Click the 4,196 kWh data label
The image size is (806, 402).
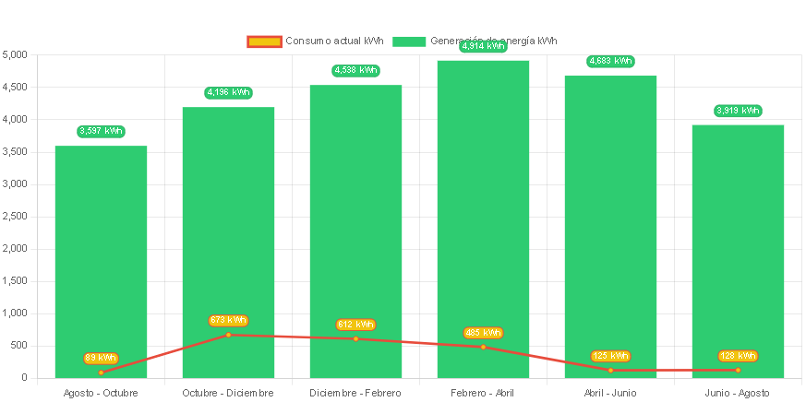click(228, 92)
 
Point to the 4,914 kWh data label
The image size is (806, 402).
click(483, 46)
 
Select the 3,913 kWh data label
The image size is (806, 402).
click(738, 111)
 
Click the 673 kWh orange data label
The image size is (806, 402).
click(228, 320)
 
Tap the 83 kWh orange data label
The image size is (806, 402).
click(101, 358)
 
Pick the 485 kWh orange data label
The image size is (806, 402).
click(483, 333)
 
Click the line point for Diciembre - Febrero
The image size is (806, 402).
click(355, 338)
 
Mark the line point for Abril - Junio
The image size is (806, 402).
click(610, 370)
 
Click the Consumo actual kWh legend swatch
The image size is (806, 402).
click(263, 41)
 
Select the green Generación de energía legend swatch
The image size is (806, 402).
click(409, 41)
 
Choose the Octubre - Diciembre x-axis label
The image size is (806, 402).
click(228, 393)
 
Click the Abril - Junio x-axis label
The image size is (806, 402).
click(610, 393)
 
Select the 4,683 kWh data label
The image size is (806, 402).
click(610, 61)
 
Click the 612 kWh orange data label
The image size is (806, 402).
click(355, 325)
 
